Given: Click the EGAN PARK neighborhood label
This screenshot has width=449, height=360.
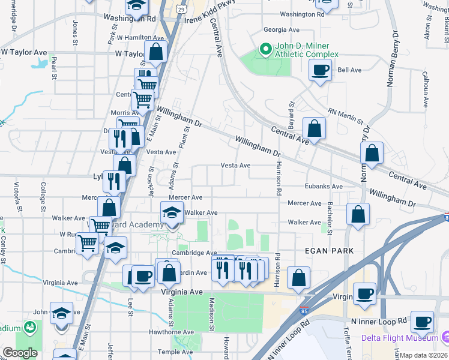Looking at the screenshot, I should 329,250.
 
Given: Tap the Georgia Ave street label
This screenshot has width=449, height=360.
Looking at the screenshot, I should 282,29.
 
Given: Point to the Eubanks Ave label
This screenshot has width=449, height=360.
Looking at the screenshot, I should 324,187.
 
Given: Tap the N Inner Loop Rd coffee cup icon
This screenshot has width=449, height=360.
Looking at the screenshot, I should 421,322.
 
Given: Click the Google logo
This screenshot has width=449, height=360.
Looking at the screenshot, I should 20,353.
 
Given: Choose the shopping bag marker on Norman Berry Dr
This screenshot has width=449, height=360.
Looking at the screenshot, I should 372,154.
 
